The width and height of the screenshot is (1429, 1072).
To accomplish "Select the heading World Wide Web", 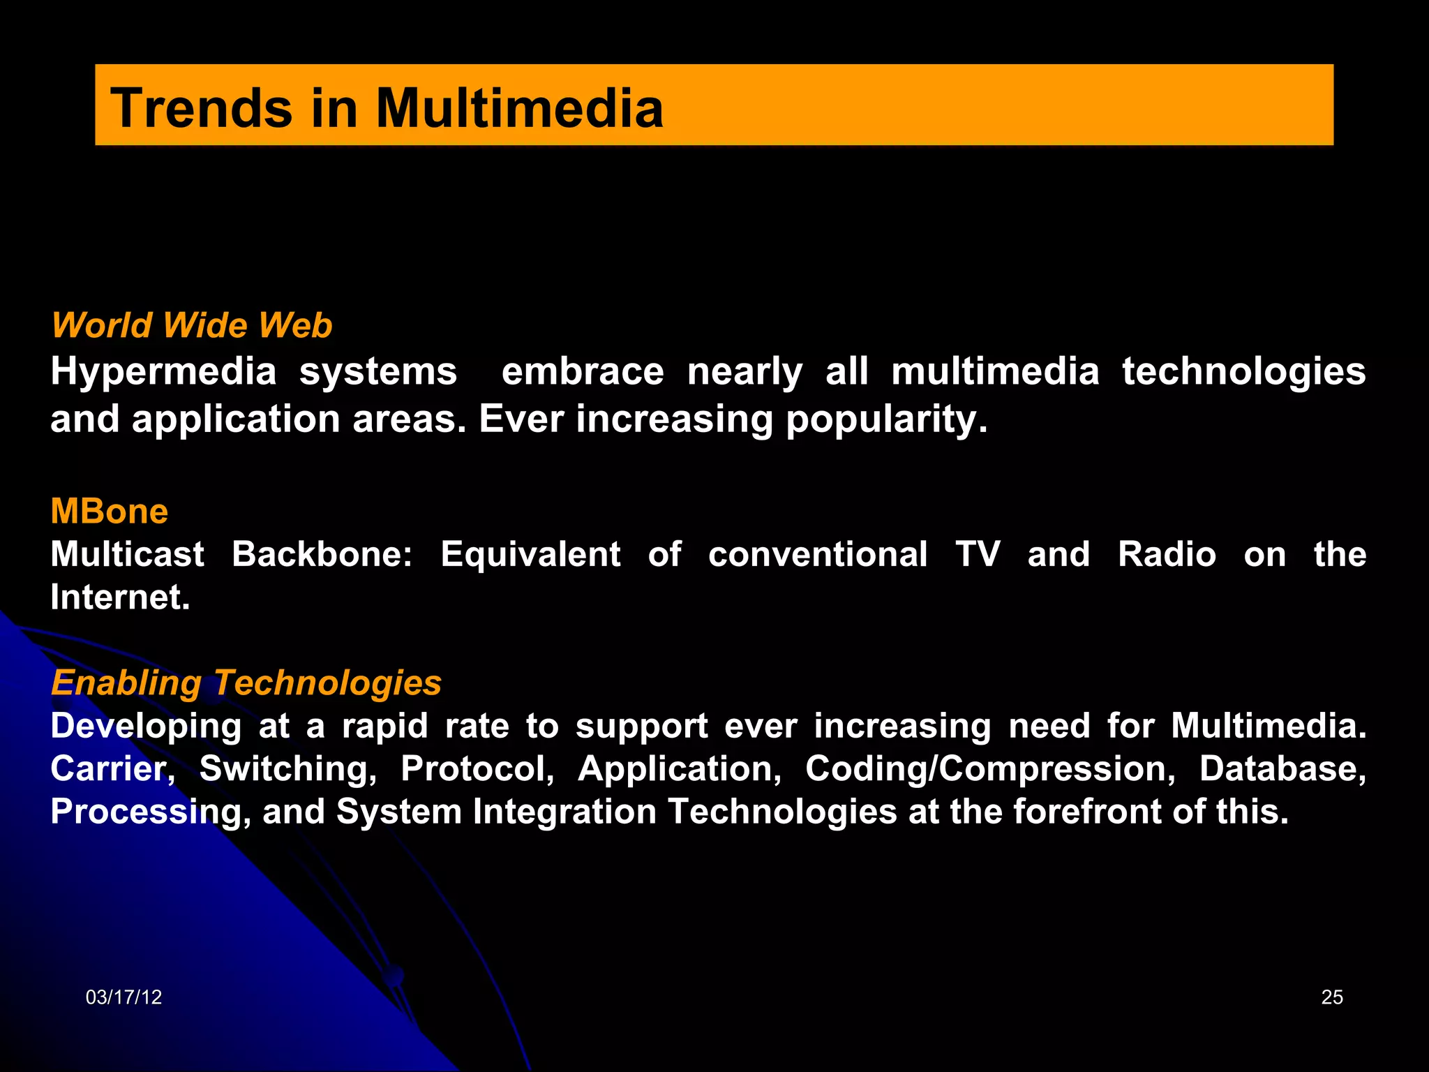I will point(192,325).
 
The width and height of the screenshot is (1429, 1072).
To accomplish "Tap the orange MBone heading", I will point(110,512).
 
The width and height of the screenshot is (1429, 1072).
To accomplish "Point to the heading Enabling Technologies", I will point(246,683).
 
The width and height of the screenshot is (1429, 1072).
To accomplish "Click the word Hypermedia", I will point(163,372).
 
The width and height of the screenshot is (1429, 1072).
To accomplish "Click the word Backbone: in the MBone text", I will point(322,555).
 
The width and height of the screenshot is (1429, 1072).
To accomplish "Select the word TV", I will point(978,555).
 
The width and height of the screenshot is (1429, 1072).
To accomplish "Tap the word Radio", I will point(1167,555).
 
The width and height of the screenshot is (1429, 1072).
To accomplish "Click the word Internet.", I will point(119,598).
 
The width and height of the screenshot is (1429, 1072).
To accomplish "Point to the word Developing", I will point(146,727).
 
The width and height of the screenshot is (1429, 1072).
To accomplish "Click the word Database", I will point(1282,769).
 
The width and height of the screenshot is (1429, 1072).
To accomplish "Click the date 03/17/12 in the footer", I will point(124,997).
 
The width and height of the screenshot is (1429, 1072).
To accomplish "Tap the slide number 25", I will point(1332,997).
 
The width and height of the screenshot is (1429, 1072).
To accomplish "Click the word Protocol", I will point(477,769).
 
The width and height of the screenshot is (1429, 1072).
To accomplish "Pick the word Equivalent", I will point(530,555).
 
